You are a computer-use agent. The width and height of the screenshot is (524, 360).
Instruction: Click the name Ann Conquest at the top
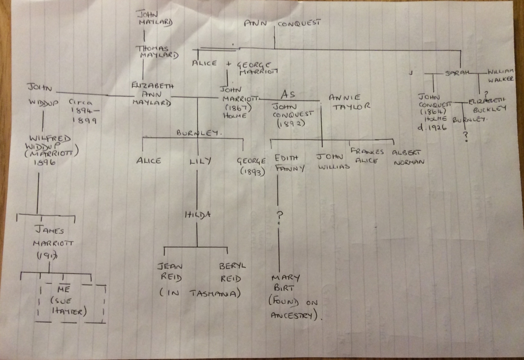282,24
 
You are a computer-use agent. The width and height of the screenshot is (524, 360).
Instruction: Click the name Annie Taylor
349,102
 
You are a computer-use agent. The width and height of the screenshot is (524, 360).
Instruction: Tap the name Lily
200,161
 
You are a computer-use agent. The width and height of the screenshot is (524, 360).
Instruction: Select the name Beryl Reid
232,272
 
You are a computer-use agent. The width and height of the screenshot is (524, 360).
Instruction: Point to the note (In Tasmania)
199,293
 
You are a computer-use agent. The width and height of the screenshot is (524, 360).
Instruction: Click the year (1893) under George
253,172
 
